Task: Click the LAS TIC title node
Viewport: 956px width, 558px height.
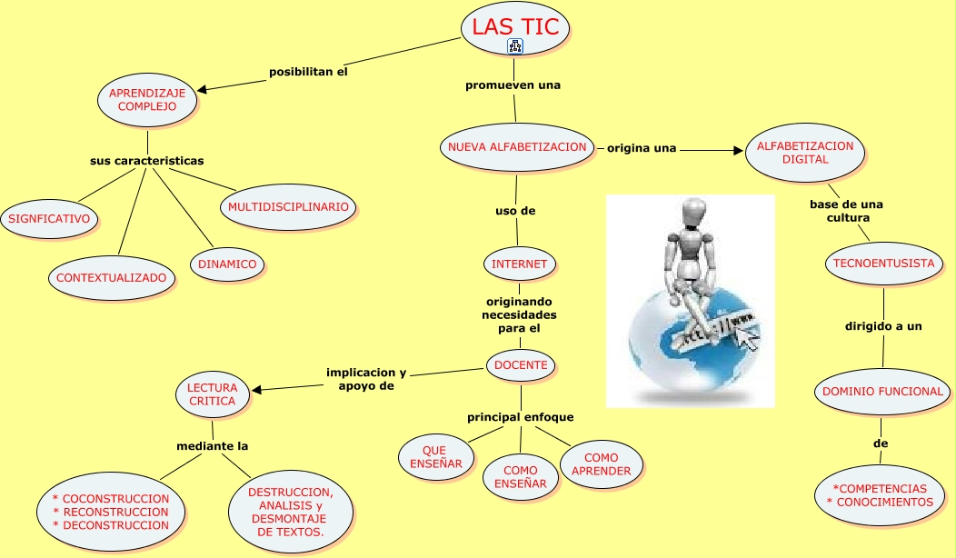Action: pos(515,29)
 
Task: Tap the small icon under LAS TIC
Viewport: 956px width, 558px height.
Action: pos(515,45)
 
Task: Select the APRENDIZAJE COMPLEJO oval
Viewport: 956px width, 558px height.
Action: pos(147,100)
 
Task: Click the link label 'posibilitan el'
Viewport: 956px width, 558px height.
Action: pos(308,72)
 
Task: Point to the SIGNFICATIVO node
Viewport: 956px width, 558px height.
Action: pos(49,219)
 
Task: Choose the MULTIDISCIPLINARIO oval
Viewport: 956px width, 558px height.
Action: pos(288,206)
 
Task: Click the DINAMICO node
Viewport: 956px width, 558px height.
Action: pos(227,264)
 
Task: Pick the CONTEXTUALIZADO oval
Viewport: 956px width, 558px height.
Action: pos(112,278)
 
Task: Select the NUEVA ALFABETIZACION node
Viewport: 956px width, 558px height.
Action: pos(517,147)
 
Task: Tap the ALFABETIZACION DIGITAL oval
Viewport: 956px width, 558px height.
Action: pos(805,153)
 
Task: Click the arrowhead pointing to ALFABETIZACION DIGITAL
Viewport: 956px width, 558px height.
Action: pos(736,150)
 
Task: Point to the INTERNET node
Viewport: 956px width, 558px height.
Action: pos(520,264)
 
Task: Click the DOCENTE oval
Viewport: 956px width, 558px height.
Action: pos(521,365)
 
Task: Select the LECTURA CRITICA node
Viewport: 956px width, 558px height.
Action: pos(212,394)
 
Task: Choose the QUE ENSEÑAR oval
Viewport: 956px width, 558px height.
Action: pos(436,457)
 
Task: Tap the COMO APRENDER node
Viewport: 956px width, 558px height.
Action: pos(602,464)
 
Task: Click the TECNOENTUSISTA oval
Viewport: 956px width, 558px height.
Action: pos(883,264)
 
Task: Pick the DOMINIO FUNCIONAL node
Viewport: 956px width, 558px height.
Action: pos(882,392)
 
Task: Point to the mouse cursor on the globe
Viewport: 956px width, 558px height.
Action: pos(749,338)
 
